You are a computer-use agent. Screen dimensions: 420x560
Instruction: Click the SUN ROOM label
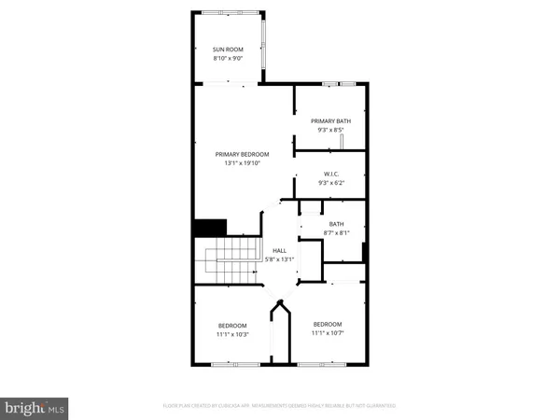click(x=230, y=49)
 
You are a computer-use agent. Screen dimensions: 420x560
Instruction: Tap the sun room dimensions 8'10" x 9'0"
click(x=230, y=58)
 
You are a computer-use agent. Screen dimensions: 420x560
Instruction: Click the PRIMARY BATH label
click(x=330, y=120)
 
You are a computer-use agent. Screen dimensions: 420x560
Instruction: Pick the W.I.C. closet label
click(x=330, y=174)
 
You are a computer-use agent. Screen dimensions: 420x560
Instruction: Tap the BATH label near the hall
click(x=336, y=224)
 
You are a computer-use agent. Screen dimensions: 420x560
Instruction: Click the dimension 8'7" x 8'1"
click(x=336, y=232)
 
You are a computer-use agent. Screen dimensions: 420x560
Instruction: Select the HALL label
click(x=279, y=250)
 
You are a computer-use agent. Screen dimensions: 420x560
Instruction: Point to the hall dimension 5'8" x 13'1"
click(x=279, y=259)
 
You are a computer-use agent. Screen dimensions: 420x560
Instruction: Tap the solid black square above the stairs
click(x=210, y=228)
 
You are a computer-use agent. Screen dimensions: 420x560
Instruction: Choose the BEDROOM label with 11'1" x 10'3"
click(x=232, y=325)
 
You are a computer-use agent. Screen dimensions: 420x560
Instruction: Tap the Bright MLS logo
click(x=35, y=407)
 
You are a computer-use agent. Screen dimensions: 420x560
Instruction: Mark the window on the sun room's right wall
click(x=265, y=45)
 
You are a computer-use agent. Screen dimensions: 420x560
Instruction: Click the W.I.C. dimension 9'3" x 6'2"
click(x=330, y=183)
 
